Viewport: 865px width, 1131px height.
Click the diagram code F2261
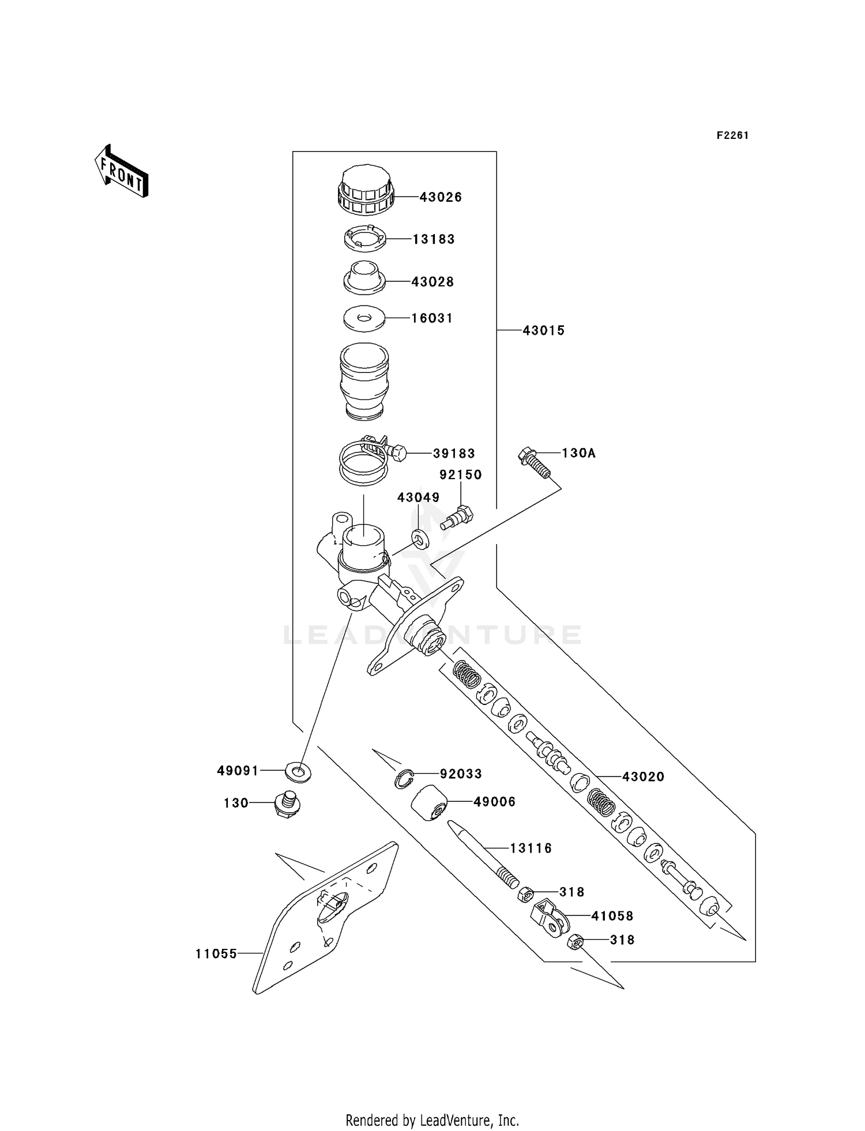732,135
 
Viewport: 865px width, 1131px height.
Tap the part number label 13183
434,239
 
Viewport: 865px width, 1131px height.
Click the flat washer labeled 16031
364,318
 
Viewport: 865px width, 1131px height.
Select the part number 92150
461,475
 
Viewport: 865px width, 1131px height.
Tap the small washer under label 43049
420,538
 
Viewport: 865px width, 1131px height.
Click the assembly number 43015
543,331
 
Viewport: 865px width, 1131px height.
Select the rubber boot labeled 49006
430,803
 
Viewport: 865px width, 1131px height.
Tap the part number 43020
643,777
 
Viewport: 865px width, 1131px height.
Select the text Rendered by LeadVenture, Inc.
432,1120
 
